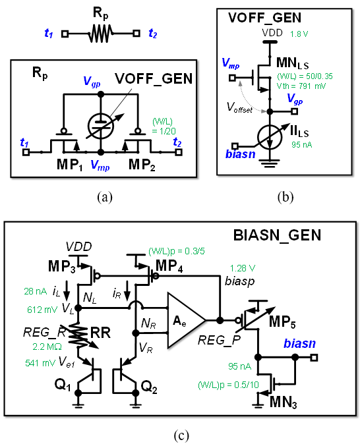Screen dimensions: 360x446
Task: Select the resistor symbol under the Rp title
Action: (101, 34)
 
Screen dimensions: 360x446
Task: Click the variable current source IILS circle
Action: (270, 137)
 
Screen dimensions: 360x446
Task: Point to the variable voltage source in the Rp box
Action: (101, 126)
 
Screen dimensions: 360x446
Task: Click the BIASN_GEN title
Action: (277, 235)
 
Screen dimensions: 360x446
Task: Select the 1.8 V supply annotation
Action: (299, 34)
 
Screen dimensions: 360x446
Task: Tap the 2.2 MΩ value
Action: (47, 347)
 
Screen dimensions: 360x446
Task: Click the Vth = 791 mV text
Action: (301, 86)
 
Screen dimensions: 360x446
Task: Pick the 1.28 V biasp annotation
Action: (243, 268)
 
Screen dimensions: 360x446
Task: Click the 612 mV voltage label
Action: (42, 310)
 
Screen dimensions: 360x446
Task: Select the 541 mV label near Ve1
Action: (40, 363)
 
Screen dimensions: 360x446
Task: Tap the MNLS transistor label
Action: (293, 63)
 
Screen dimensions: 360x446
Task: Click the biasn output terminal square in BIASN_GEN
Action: (314, 357)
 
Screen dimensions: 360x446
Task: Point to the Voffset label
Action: (239, 108)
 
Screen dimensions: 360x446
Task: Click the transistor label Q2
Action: (149, 387)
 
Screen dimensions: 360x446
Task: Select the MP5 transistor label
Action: (282, 321)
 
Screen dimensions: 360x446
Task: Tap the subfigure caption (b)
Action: (285, 197)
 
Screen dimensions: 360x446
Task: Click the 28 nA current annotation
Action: (36, 291)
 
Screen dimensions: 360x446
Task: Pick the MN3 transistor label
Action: (283, 403)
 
